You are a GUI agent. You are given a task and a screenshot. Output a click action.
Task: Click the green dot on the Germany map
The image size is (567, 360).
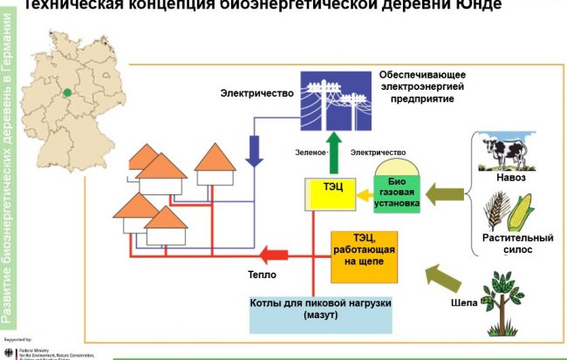(67, 90)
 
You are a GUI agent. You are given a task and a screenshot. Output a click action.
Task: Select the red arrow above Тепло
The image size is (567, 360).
(277, 255)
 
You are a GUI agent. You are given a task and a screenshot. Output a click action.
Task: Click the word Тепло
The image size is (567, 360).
(261, 275)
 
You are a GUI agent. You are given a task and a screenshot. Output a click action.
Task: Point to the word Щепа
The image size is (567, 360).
(464, 302)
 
